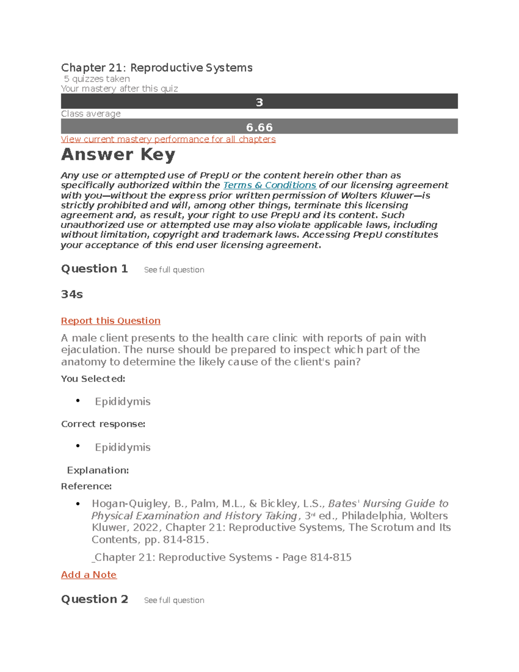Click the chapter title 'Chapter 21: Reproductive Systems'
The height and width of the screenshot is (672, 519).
pos(157,68)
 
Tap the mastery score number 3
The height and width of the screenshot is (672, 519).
pos(259,102)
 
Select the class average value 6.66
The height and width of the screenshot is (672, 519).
pos(259,127)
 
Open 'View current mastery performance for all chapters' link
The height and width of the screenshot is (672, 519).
pos(168,139)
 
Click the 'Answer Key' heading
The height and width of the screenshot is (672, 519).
pos(118,154)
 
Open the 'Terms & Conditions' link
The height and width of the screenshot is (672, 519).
pos(269,185)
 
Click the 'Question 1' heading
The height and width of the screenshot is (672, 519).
pos(94,269)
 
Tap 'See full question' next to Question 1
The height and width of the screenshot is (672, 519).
pos(174,270)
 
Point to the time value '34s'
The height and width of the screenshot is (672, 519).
pos(72,294)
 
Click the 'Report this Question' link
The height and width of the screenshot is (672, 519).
pos(111,321)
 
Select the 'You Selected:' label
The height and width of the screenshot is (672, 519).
pos(93,379)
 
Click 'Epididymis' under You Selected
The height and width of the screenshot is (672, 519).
pos(122,402)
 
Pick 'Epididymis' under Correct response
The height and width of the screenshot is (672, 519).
pos(122,447)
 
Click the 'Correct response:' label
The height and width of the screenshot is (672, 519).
pos(103,424)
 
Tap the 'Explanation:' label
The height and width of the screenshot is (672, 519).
pos(98,470)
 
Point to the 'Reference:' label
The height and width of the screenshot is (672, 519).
pos(86,486)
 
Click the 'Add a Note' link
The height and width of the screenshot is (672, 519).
pos(89,575)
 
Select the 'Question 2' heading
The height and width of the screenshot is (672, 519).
pos(94,599)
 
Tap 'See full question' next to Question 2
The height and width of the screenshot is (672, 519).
pos(174,601)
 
